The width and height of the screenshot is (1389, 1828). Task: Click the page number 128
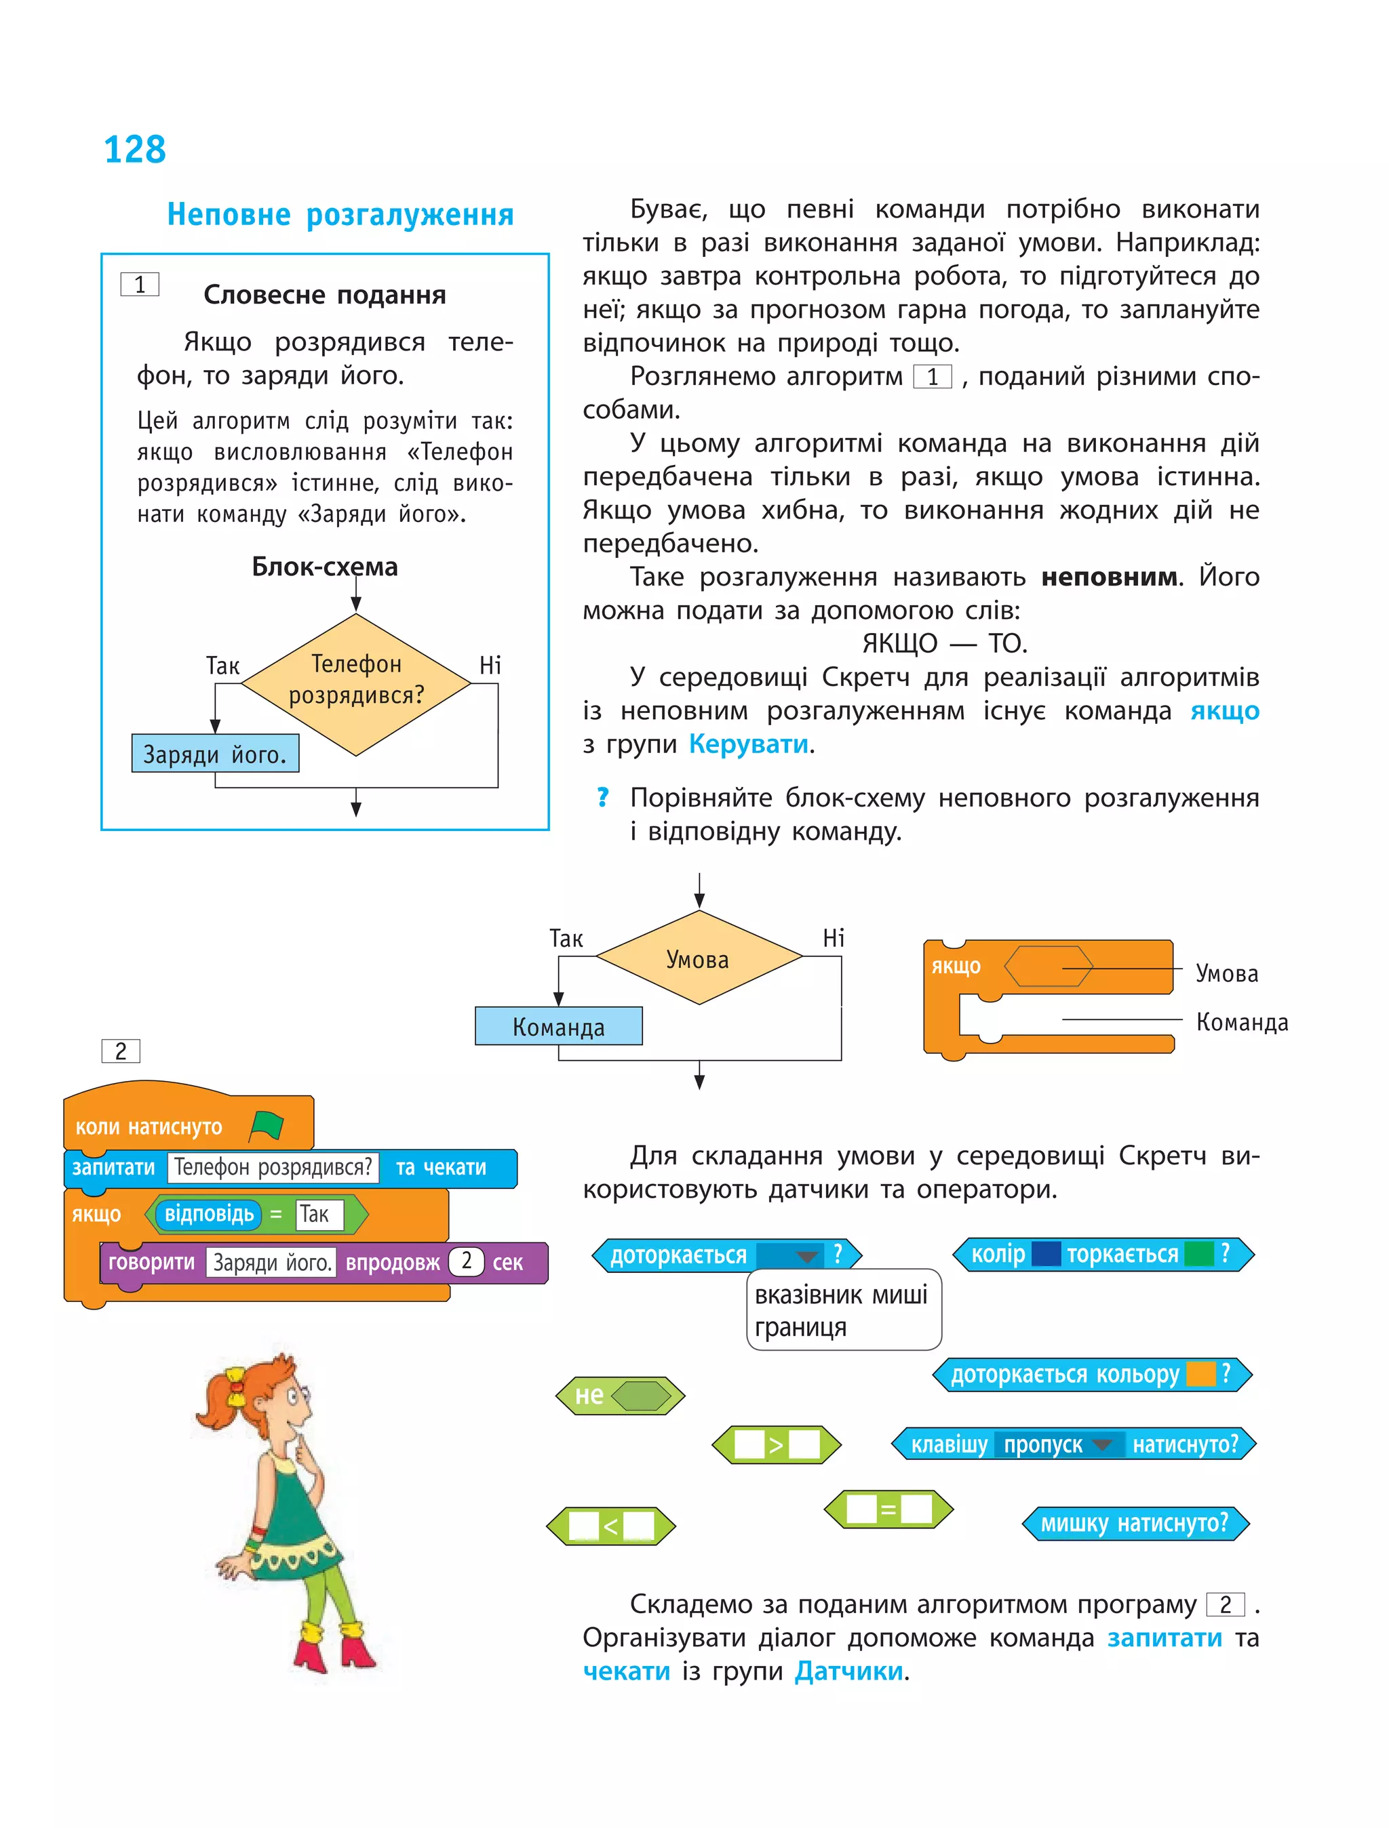click(x=135, y=150)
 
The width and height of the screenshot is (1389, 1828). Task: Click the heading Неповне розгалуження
click(x=340, y=215)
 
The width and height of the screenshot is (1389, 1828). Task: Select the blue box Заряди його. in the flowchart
click(x=215, y=754)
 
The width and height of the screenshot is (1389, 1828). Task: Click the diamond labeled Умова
click(x=699, y=958)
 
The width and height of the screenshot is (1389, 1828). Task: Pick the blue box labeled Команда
click(x=558, y=1026)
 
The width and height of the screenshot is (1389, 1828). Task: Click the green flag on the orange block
click(x=267, y=1126)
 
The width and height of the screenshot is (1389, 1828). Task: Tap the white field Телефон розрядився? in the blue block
click(x=273, y=1168)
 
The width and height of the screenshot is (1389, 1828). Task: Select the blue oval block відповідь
click(x=208, y=1214)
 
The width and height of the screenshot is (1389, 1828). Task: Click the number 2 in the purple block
click(x=467, y=1261)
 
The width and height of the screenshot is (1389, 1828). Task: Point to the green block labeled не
click(x=620, y=1396)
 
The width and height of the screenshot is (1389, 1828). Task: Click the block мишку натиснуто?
click(x=1135, y=1523)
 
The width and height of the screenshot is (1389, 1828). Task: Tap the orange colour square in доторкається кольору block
click(x=1200, y=1375)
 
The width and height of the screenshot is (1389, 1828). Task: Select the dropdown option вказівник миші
click(x=841, y=1294)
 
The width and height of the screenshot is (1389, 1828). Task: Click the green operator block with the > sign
click(x=775, y=1444)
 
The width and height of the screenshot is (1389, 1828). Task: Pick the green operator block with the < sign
click(x=611, y=1526)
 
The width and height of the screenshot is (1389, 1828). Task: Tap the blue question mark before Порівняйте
click(x=603, y=798)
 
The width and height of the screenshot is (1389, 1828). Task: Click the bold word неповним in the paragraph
click(x=1109, y=577)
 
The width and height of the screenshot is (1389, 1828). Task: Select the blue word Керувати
click(x=748, y=745)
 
